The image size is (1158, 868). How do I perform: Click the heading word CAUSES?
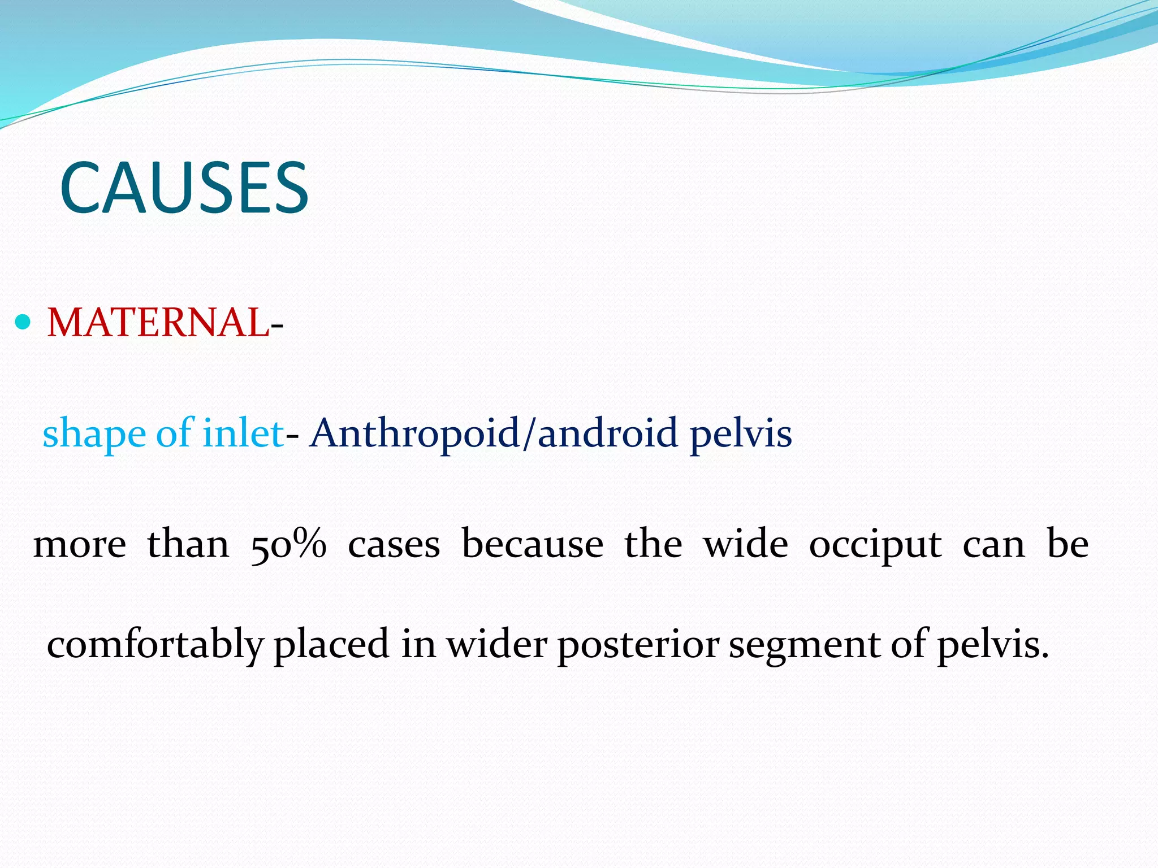click(x=184, y=188)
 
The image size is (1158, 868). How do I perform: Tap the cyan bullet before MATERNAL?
click(x=23, y=323)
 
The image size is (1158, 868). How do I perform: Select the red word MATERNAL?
click(x=158, y=323)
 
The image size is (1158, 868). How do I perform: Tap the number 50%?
click(x=288, y=545)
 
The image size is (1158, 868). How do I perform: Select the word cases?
click(x=394, y=545)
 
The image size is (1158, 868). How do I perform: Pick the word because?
click(x=533, y=545)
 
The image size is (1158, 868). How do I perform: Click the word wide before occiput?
click(x=745, y=545)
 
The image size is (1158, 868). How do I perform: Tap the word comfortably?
click(x=155, y=644)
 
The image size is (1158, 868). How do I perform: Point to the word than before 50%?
click(x=188, y=545)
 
